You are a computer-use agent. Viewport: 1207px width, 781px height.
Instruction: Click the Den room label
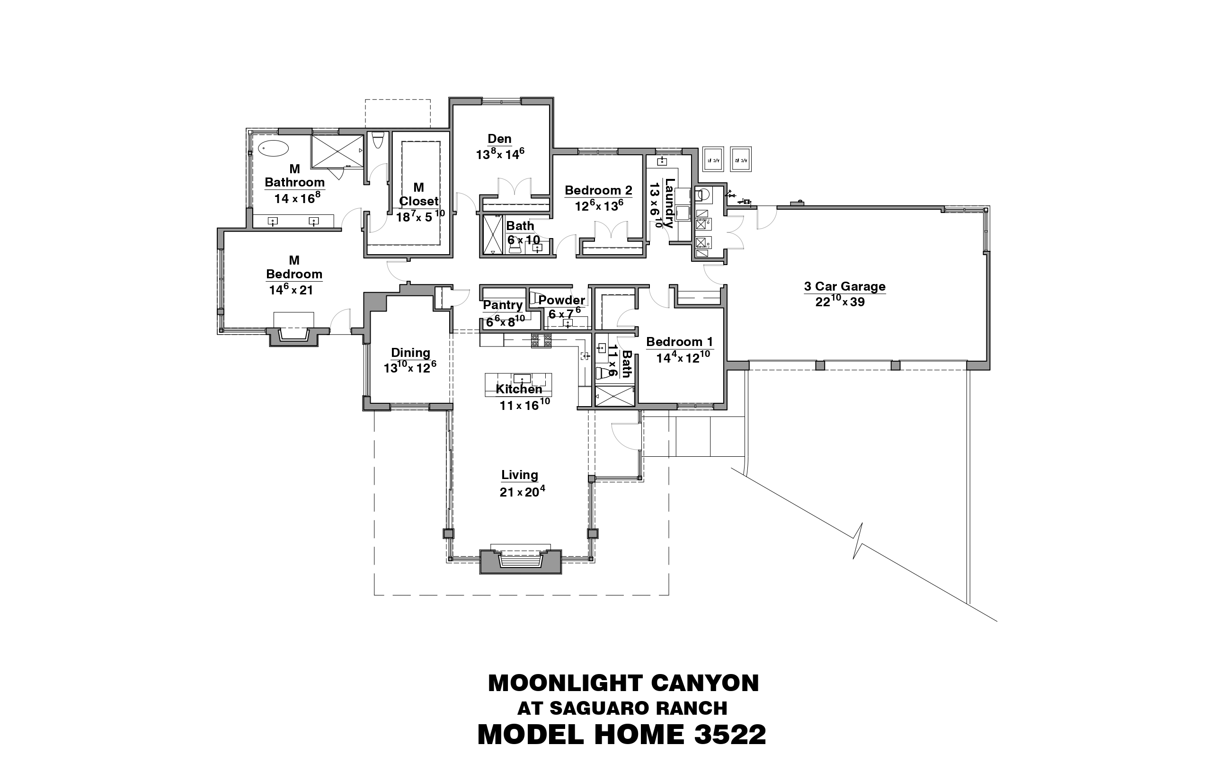499,138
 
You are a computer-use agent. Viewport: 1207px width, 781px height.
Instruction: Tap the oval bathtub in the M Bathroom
274,148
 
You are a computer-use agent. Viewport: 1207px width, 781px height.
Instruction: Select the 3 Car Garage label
845,286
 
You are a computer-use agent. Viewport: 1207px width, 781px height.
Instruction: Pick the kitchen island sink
522,378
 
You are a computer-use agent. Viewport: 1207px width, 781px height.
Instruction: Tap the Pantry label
503,305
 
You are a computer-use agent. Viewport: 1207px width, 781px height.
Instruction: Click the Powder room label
561,300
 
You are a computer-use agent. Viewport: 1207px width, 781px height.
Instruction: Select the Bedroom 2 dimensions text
599,206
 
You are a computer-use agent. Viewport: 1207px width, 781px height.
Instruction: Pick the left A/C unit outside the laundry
712,159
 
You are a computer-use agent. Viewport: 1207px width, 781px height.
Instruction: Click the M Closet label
418,194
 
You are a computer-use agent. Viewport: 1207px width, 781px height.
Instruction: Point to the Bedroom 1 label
680,342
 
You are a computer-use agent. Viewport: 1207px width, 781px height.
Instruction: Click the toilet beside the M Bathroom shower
377,140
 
